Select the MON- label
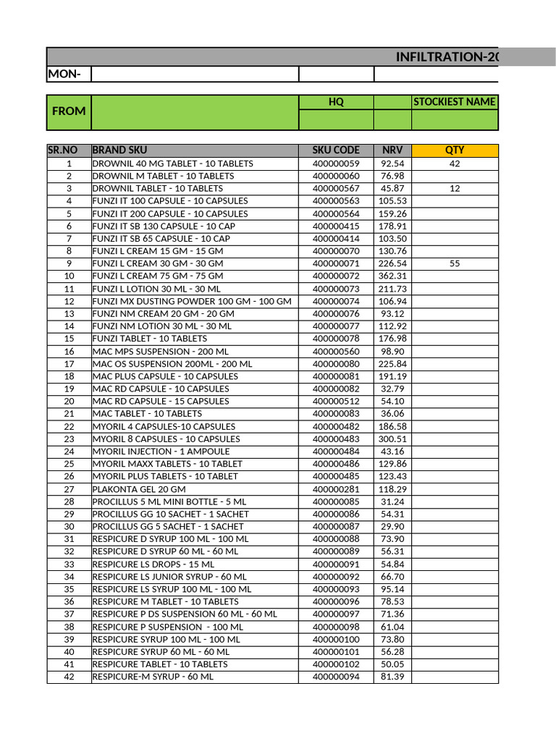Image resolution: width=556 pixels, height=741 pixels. tap(64, 74)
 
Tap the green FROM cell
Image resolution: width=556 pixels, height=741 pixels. tap(69, 111)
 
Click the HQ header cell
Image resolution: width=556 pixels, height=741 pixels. tap(336, 102)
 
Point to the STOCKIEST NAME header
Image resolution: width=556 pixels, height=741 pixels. tap(455, 102)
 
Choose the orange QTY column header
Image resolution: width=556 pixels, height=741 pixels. tap(455, 151)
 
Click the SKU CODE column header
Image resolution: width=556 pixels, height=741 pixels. tap(336, 151)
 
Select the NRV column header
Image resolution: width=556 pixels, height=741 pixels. tap(392, 151)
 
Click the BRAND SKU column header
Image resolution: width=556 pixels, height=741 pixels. tap(119, 151)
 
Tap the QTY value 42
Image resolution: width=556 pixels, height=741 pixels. tap(455, 164)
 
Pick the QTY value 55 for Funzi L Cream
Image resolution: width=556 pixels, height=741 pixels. tap(455, 263)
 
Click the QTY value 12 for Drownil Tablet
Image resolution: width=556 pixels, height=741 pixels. tap(455, 188)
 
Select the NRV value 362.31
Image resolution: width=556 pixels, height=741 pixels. tap(392, 276)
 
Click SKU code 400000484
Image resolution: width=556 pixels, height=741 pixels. tap(336, 452)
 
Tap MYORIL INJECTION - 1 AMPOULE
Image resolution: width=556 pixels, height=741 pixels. tap(160, 452)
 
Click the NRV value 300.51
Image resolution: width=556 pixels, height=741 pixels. tap(392, 439)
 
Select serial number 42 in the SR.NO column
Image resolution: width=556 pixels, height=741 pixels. tap(69, 677)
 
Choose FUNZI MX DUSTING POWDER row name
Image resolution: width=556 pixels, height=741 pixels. tap(192, 301)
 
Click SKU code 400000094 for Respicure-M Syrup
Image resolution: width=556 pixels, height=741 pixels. tap(336, 677)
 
